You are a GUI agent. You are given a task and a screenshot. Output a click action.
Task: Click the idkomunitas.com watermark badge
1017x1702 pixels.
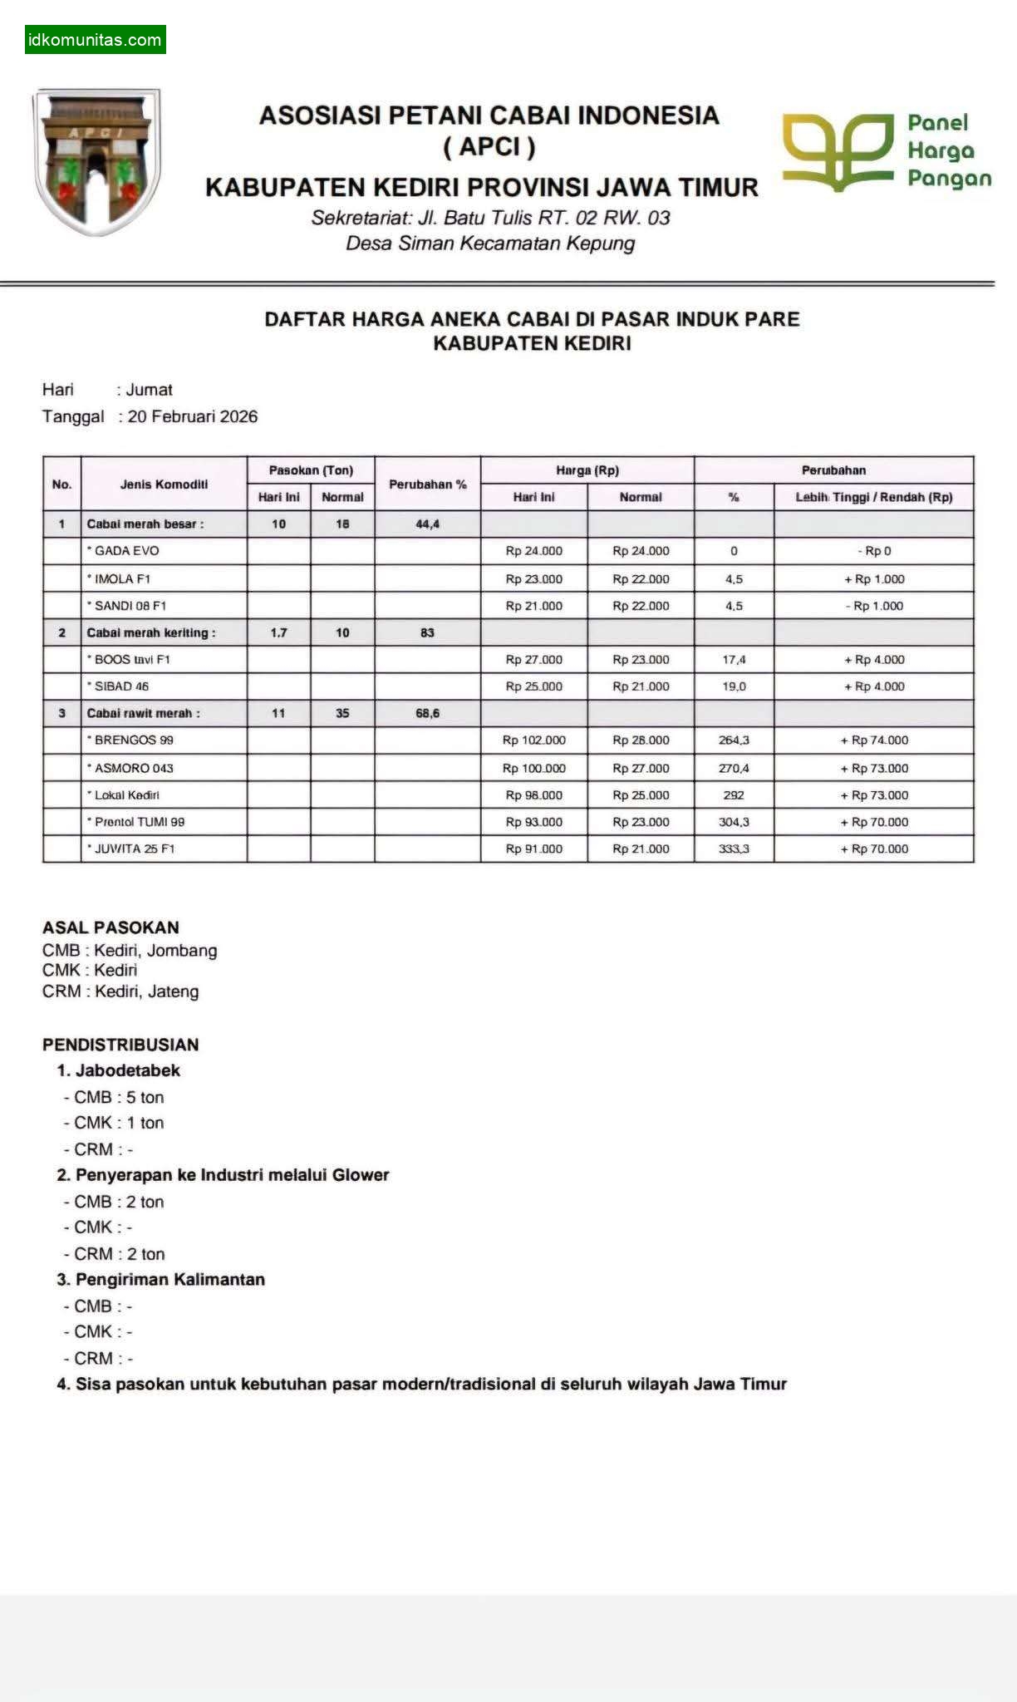(x=95, y=40)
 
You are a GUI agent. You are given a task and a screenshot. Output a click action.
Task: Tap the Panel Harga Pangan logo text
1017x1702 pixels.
(x=948, y=150)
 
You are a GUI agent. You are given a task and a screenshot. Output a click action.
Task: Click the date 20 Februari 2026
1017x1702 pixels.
(x=193, y=416)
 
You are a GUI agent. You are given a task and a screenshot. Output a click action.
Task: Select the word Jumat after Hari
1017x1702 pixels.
(x=150, y=390)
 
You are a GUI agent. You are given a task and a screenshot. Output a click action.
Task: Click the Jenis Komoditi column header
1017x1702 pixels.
(x=164, y=484)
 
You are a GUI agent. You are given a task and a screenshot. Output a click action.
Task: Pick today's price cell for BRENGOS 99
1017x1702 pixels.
(x=533, y=740)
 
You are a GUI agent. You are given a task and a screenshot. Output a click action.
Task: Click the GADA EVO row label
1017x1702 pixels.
(x=126, y=551)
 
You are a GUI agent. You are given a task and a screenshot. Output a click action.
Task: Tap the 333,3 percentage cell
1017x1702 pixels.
(x=734, y=849)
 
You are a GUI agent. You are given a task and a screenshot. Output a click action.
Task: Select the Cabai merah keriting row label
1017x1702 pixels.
(x=151, y=632)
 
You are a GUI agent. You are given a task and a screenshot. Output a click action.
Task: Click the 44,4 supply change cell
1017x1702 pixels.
(x=427, y=524)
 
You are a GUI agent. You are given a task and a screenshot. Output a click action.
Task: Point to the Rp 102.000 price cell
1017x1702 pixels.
(x=533, y=740)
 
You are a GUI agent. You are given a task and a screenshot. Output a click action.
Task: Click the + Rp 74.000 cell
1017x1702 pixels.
(x=874, y=740)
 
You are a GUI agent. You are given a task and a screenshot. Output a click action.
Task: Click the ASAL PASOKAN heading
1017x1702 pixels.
(x=111, y=927)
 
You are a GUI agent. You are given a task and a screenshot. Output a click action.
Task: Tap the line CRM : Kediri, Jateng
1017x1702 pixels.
(x=120, y=991)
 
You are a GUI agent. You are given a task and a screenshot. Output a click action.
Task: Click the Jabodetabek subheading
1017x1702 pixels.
(x=127, y=1070)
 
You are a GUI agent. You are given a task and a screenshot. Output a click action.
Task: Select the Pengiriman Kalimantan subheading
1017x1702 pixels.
(x=169, y=1279)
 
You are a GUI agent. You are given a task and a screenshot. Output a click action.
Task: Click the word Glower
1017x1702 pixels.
(x=361, y=1175)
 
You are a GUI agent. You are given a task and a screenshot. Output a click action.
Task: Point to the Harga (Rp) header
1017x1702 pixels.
(x=587, y=470)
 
